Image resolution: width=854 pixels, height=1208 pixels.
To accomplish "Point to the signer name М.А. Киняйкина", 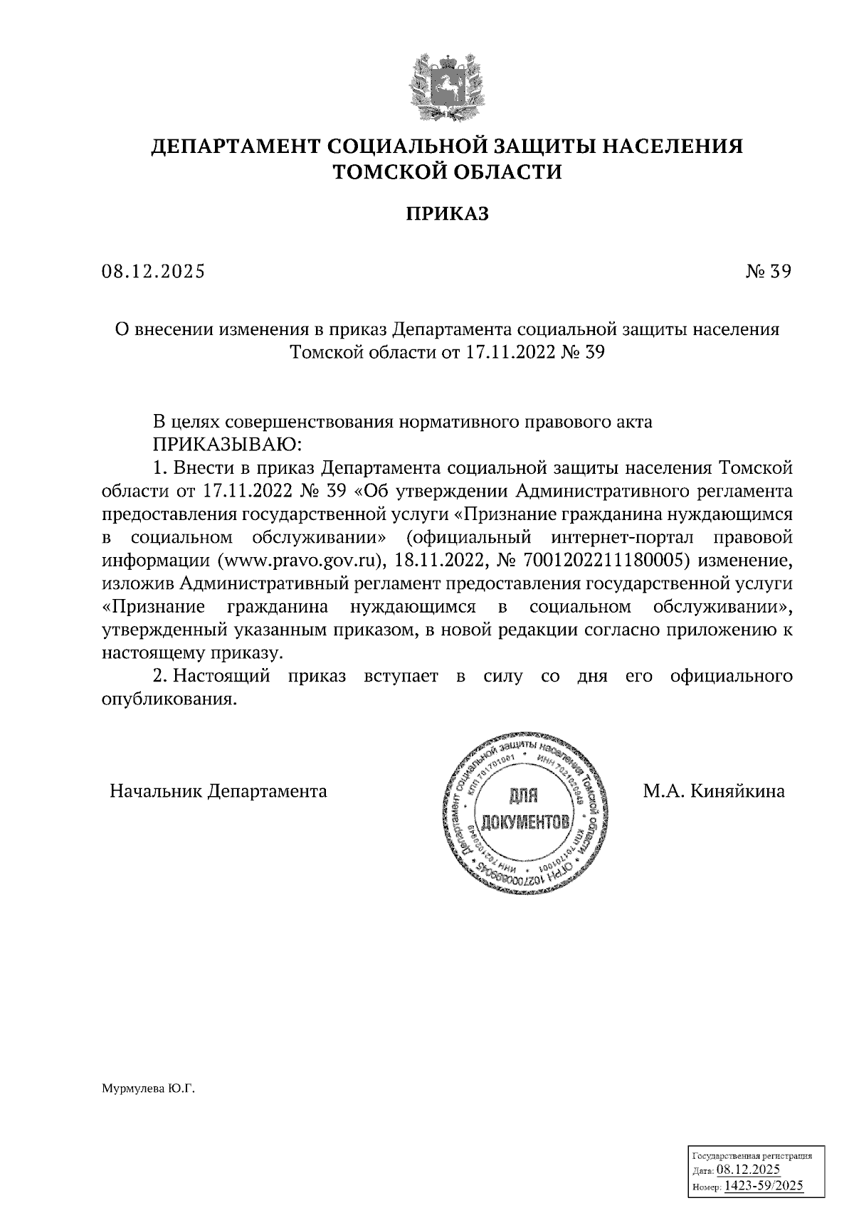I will point(714,791).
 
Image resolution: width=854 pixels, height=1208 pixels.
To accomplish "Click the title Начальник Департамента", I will point(218,791).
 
